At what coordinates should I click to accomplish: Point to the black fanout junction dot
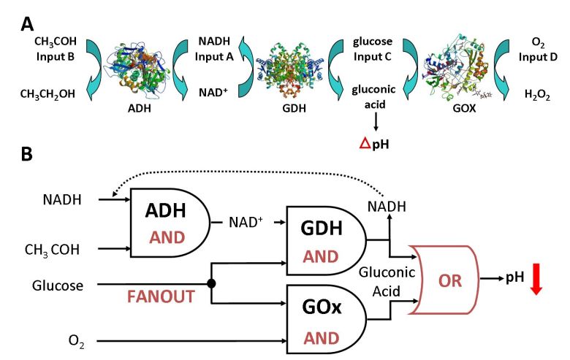click(213, 282)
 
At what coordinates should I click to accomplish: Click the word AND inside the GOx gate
click(322, 337)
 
